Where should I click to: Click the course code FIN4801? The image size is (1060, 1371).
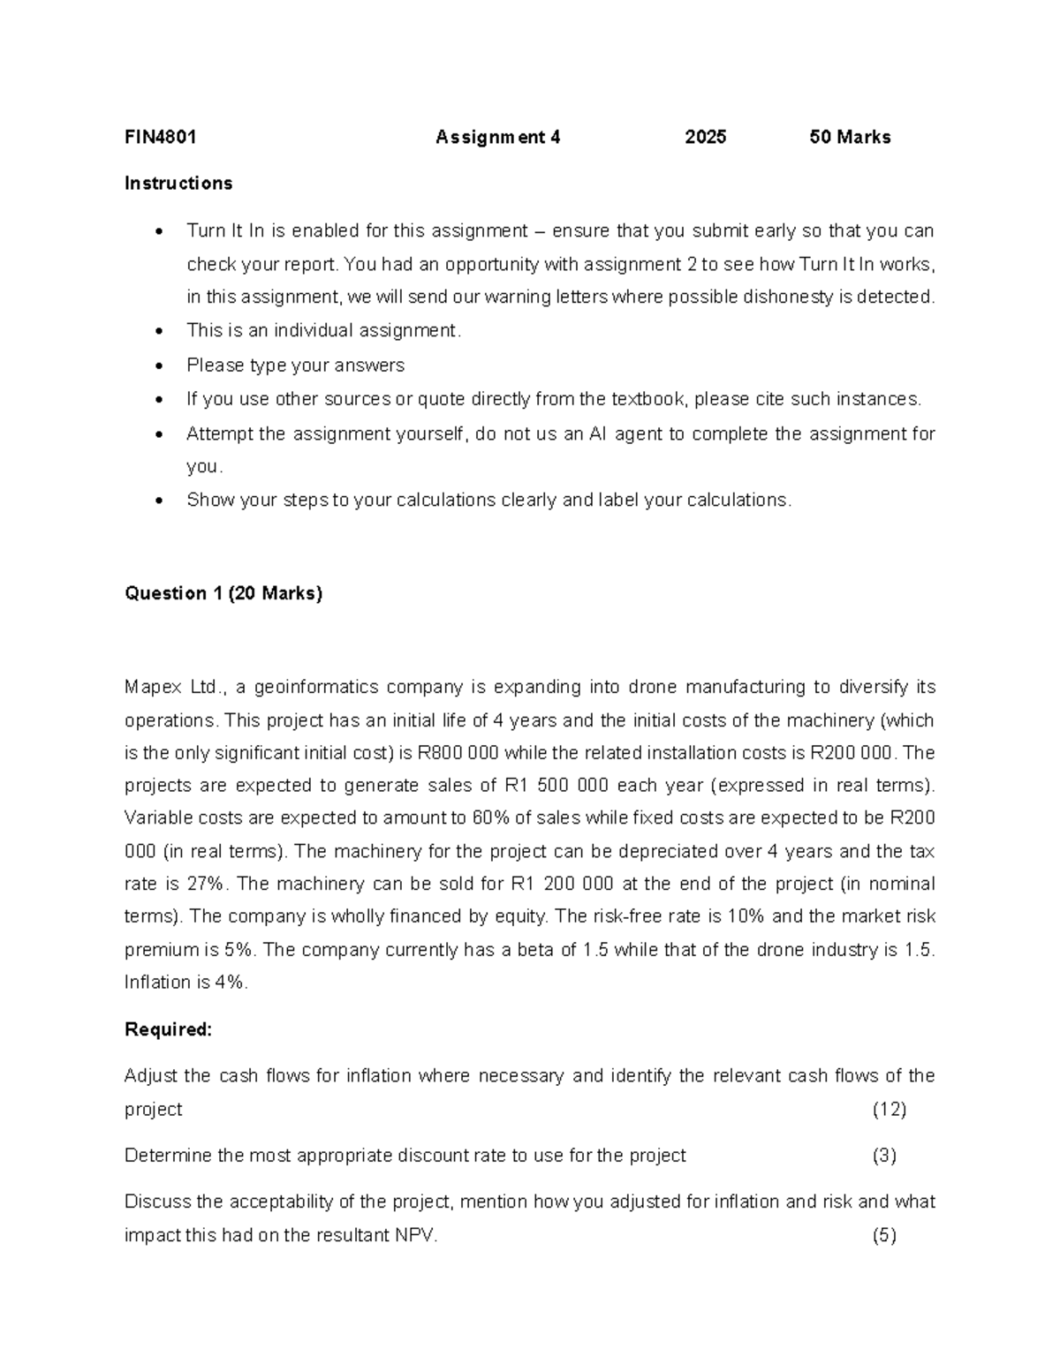click(x=160, y=137)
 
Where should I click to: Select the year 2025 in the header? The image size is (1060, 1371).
click(x=705, y=137)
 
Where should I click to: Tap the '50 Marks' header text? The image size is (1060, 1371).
click(x=850, y=137)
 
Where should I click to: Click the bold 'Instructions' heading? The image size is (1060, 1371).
click(x=178, y=184)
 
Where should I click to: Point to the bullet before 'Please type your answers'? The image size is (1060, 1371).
click(x=158, y=365)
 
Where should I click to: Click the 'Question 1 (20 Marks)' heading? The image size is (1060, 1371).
click(x=223, y=593)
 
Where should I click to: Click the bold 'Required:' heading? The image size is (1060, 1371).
click(x=169, y=1029)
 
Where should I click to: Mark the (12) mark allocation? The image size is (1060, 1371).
click(x=890, y=1110)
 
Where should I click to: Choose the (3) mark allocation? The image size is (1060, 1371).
click(x=884, y=1156)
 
